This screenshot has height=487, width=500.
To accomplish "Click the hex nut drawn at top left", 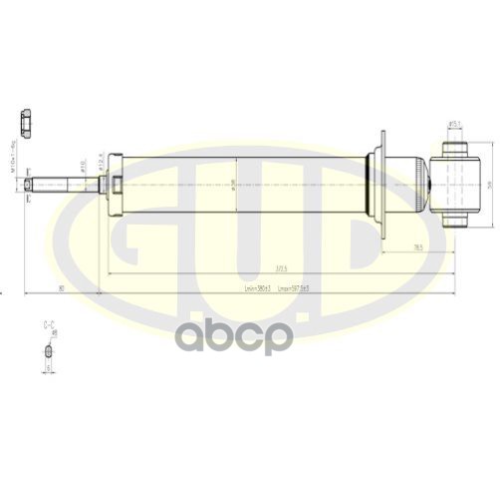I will coord(25,122).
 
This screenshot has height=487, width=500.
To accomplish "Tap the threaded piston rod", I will coord(60,183).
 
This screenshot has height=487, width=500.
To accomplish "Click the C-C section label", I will coord(48,325).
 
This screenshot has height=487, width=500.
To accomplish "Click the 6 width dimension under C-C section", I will coord(47,367).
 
